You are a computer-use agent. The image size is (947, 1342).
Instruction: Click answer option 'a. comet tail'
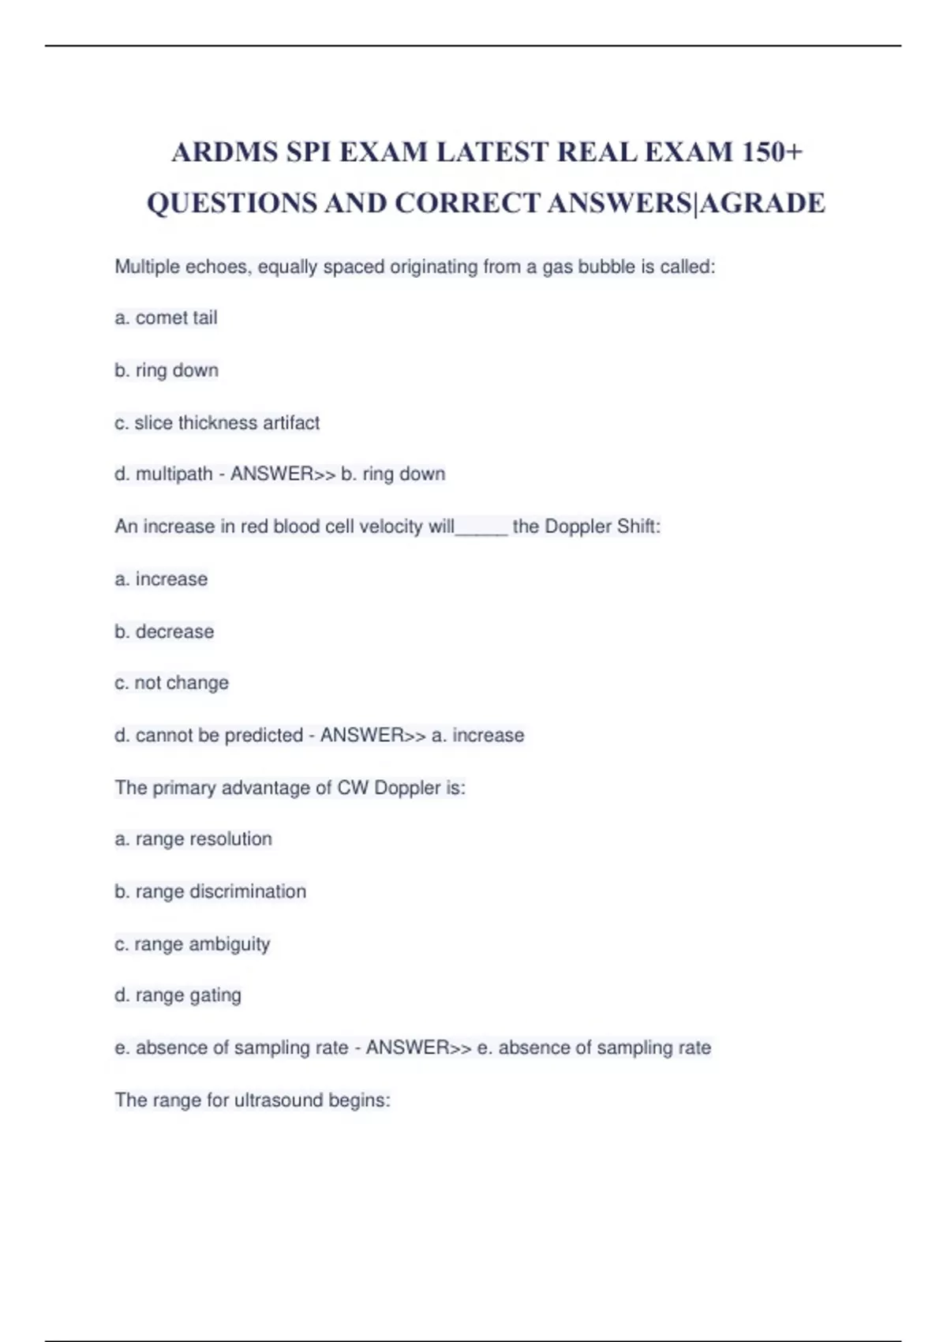166,318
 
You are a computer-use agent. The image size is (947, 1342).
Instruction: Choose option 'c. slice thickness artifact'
217,423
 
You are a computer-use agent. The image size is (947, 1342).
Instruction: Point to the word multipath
174,474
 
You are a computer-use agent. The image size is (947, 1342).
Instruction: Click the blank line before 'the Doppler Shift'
481,528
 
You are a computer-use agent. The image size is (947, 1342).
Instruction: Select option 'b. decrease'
164,632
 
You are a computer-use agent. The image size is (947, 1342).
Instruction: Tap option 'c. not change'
171,683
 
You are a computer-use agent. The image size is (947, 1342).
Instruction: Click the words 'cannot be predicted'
219,736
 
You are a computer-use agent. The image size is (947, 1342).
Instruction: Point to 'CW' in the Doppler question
353,788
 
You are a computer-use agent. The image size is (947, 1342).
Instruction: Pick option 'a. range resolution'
193,839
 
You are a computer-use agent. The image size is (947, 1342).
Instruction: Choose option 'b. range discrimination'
210,892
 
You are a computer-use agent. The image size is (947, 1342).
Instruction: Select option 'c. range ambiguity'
192,944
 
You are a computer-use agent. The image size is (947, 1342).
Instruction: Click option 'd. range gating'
178,995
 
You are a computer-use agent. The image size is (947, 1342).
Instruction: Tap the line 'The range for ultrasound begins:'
253,1100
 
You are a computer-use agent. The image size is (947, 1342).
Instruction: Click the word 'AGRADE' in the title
763,203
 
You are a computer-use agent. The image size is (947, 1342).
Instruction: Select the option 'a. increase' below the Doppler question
161,579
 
